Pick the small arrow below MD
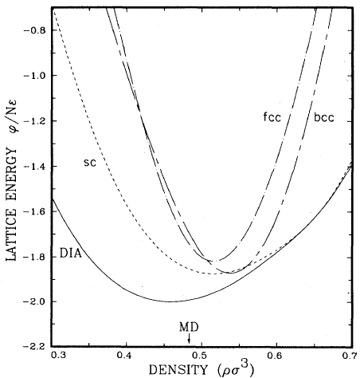(189, 340)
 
